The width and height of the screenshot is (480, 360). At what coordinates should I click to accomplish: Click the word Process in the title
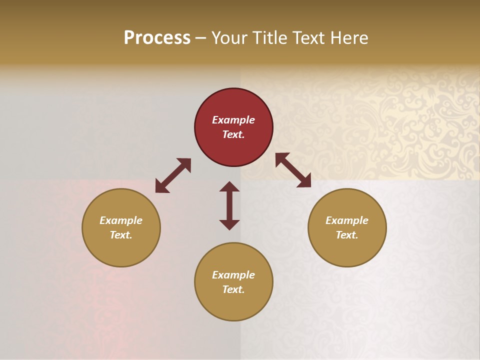tap(157, 38)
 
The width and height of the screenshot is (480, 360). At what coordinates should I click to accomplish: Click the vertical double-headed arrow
tap(229, 205)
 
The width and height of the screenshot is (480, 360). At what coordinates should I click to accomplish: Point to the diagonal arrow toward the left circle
tap(173, 175)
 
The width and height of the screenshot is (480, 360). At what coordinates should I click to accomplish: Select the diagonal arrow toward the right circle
tap(293, 170)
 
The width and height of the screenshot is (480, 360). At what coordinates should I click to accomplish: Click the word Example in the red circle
tap(233, 120)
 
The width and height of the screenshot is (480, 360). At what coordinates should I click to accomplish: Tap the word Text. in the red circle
tap(233, 134)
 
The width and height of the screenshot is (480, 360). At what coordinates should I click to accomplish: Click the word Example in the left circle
tap(121, 220)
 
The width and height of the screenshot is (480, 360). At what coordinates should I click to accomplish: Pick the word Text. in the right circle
tap(347, 235)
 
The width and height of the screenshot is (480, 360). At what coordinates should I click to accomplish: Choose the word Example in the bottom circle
tap(233, 275)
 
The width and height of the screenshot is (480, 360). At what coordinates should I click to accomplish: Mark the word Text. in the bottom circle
tap(233, 289)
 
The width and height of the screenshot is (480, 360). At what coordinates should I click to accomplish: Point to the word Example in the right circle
tap(347, 220)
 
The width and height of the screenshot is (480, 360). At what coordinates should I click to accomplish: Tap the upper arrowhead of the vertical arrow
tap(229, 186)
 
